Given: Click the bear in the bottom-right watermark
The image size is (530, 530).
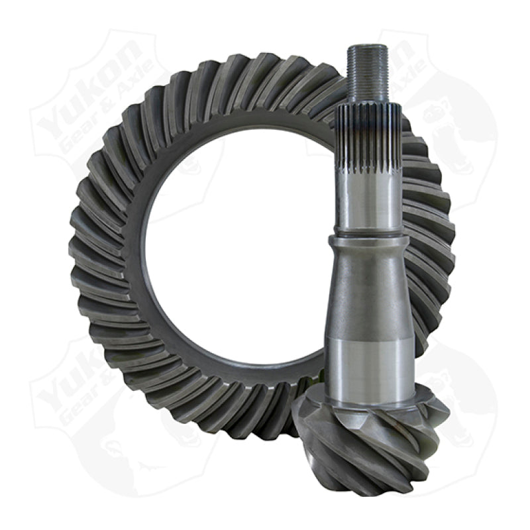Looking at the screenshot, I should (x=457, y=397).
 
